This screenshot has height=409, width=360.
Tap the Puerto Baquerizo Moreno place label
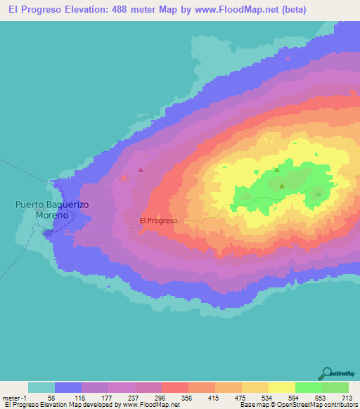click(43, 209)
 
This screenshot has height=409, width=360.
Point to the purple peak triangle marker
click(141, 169)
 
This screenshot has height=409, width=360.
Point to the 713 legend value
click(345, 397)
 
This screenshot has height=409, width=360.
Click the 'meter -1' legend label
click(14, 397)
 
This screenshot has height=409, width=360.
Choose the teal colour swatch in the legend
click(41, 387)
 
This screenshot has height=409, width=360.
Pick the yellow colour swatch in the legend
click(282, 387)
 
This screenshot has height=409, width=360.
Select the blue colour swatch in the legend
click(68, 387)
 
